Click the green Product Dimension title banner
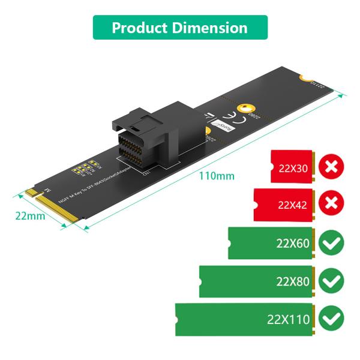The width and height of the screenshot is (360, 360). (180, 28)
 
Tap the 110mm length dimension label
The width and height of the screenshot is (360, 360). (216, 176)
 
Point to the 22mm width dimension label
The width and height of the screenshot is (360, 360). (30, 216)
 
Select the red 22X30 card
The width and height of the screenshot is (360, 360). (292, 167)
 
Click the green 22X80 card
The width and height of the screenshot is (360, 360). (257, 281)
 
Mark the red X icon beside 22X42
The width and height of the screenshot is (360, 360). (331, 205)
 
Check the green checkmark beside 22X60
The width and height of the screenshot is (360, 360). (331, 243)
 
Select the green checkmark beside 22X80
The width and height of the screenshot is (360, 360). (331, 281)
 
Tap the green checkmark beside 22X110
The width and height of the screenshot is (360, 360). (331, 319)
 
